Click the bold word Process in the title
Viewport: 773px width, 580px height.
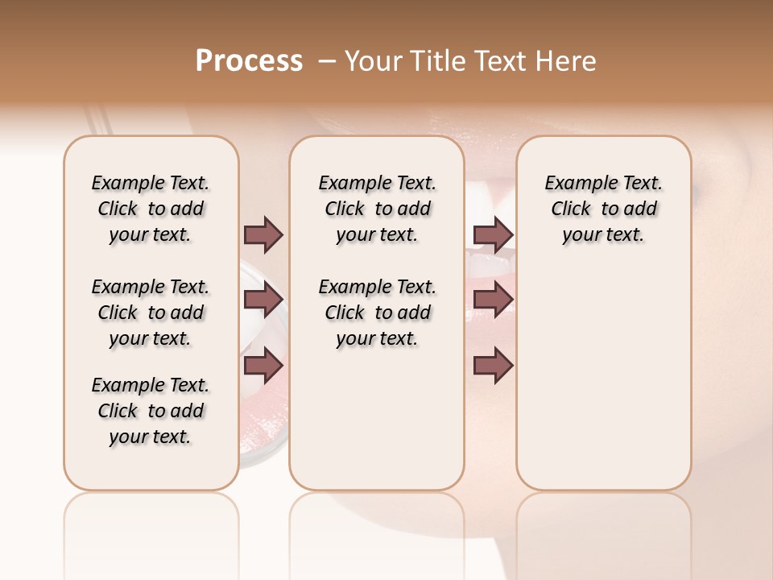[x=249, y=61]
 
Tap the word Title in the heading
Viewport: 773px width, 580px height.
[x=438, y=61]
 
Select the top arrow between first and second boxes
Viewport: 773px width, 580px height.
[x=263, y=234]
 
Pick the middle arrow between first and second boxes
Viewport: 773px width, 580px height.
[x=263, y=300]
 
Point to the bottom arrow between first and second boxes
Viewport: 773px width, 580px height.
[x=263, y=366]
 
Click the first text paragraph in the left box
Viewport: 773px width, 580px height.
[x=151, y=209]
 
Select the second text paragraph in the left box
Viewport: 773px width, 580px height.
[x=151, y=313]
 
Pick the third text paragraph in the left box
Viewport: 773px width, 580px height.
[x=151, y=411]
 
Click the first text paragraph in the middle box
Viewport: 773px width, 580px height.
[x=377, y=209]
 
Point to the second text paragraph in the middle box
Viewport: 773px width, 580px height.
[x=377, y=313]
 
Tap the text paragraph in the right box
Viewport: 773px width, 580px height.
[x=603, y=209]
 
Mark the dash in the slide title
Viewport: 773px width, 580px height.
[x=327, y=61]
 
